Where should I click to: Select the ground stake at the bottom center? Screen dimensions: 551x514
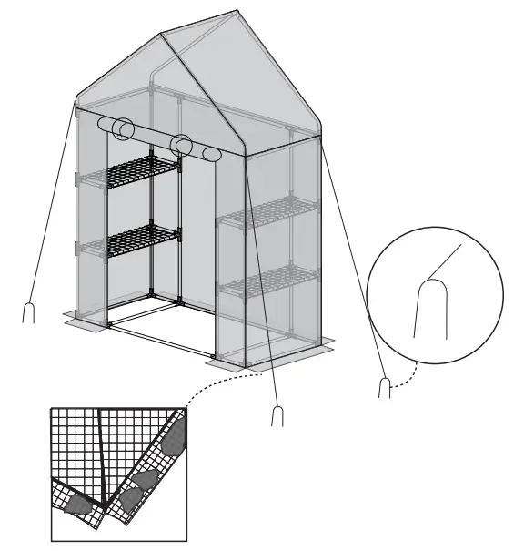(277, 414)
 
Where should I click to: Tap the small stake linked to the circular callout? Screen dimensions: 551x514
(384, 387)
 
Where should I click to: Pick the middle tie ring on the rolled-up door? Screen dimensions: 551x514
(182, 145)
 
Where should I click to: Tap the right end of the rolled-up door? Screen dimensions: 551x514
(211, 154)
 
